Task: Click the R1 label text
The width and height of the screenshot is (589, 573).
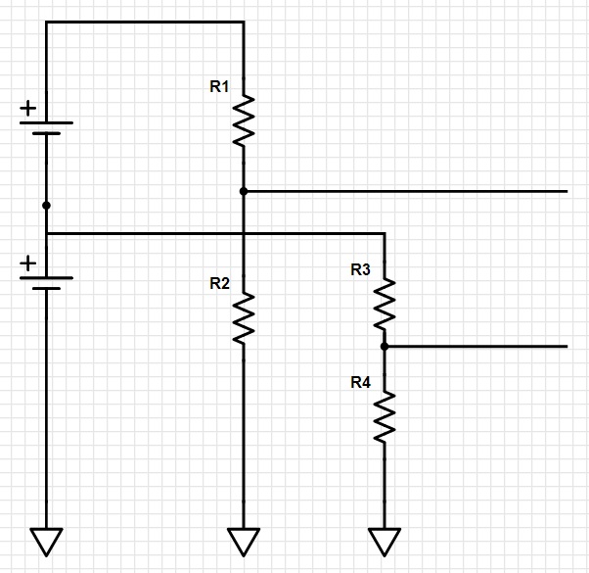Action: pos(219,87)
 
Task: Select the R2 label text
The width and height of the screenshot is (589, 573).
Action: pos(219,284)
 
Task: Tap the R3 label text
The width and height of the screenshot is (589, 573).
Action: pos(360,270)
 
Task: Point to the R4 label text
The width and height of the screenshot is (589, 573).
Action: pos(360,382)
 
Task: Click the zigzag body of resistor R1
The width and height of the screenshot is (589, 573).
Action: pos(244,120)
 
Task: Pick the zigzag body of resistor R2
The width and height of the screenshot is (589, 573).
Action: pos(244,317)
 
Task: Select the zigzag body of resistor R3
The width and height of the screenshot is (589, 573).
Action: pos(385,303)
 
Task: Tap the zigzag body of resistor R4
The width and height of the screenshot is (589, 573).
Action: pos(385,415)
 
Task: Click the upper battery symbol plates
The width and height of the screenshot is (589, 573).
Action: pos(46,128)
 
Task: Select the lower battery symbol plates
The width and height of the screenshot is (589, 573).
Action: pos(46,283)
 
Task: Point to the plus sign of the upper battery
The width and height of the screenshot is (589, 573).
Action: pos(29,109)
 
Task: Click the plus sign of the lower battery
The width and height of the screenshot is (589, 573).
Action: pos(29,263)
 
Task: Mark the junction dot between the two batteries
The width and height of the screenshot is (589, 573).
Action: pos(46,206)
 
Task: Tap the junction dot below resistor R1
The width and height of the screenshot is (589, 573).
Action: pos(244,191)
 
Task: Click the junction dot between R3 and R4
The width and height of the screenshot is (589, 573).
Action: pos(385,346)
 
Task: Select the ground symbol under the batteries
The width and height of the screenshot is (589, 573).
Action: pos(46,541)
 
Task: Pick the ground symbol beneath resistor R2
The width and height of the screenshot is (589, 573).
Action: pos(244,541)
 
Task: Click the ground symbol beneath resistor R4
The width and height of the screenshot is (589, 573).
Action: pos(385,541)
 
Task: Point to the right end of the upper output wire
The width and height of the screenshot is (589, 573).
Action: pos(566,191)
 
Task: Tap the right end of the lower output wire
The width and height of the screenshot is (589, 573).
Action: pos(566,346)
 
